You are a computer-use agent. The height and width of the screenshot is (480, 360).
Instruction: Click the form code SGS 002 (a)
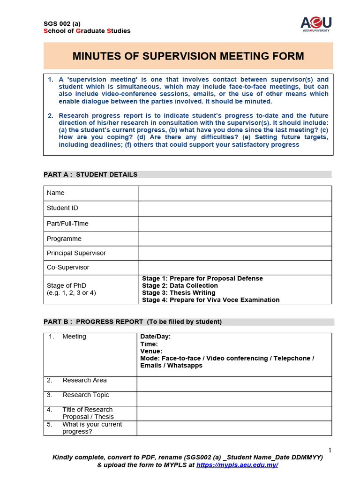click(62, 23)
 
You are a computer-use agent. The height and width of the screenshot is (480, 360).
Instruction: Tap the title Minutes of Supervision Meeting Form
click(188, 56)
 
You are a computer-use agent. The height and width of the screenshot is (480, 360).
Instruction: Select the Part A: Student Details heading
click(90, 174)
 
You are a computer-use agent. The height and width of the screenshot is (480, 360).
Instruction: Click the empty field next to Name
click(235, 193)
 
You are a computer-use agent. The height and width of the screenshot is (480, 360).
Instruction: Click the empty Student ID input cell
click(235, 209)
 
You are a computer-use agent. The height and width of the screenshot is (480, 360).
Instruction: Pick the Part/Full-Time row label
click(67, 224)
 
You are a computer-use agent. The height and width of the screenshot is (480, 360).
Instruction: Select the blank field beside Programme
click(235, 239)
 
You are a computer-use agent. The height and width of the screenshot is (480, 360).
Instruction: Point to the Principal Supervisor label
click(76, 253)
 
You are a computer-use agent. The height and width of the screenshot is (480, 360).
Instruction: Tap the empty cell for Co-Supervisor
click(235, 267)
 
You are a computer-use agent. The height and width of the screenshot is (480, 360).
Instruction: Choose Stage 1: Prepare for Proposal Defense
click(202, 278)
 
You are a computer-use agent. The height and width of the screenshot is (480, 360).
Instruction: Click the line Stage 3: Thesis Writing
click(179, 293)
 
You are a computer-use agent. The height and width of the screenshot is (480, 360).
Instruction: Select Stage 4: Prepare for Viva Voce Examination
click(210, 300)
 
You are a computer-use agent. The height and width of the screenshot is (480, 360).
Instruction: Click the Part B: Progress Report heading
click(133, 322)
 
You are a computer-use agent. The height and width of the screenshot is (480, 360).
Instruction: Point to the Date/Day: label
click(156, 337)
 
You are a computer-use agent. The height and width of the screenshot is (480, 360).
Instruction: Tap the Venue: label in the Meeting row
click(151, 351)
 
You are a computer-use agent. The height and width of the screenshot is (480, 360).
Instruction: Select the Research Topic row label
click(85, 395)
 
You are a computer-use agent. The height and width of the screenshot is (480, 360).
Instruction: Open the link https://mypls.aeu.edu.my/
click(237, 465)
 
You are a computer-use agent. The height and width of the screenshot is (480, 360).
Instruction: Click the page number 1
click(330, 450)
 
